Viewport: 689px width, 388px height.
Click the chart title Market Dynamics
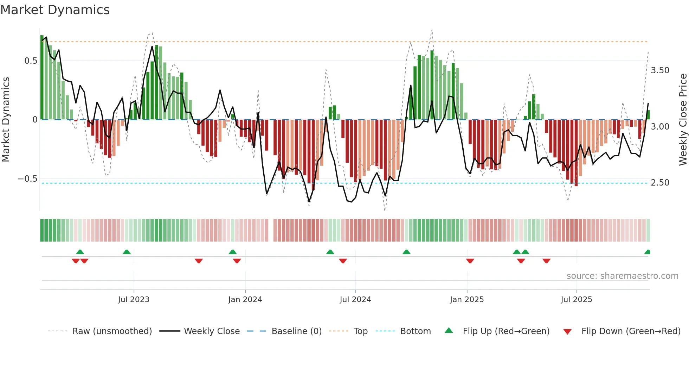pos(55,10)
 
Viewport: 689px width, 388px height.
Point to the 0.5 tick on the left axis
pos(31,61)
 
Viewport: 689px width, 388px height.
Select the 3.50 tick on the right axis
pos(660,70)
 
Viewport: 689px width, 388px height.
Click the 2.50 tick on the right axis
pos(660,183)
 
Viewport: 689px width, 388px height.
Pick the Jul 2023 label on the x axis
pos(134,300)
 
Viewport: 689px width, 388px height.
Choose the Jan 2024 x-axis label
pos(245,300)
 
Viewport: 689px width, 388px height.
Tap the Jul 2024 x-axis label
pos(355,300)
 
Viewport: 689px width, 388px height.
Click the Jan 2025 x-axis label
pos(466,300)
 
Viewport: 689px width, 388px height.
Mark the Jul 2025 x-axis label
pos(576,300)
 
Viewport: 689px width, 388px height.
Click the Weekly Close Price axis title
pos(683,120)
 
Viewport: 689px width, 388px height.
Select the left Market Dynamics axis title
pos(6,120)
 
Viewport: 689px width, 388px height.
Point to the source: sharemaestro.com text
pos(622,276)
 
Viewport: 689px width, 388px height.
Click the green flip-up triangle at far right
pos(648,252)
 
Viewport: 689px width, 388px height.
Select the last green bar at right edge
pos(648,115)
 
